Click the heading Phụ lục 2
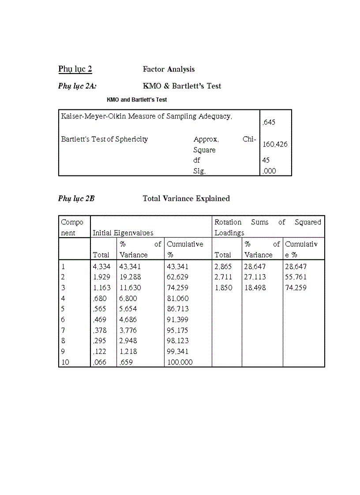(75, 69)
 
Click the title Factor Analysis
(169, 69)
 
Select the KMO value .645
(269, 123)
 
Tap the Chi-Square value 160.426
(275, 144)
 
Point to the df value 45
(266, 160)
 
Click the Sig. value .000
(269, 171)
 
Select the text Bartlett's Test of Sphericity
(105, 139)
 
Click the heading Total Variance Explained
(186, 199)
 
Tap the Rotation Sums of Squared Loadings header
(268, 227)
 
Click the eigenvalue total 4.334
(102, 267)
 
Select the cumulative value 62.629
(178, 277)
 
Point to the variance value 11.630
(131, 288)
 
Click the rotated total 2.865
(223, 267)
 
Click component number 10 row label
(65, 362)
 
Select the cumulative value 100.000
(180, 362)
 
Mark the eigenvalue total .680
(100, 298)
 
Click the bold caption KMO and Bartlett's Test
(137, 100)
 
